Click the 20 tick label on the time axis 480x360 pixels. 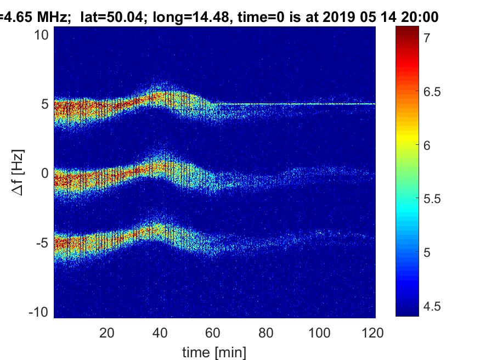click(x=106, y=333)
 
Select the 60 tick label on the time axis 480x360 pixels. click(x=213, y=333)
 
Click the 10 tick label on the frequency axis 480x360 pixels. click(x=43, y=35)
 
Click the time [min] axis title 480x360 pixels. click(x=214, y=352)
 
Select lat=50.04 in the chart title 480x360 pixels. click(x=110, y=17)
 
